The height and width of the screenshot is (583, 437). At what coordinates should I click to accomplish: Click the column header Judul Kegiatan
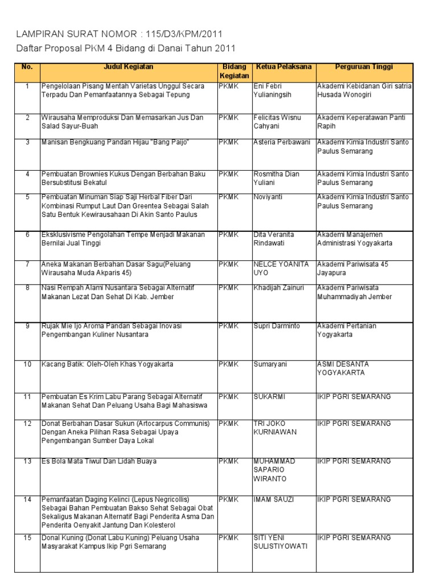tap(128, 67)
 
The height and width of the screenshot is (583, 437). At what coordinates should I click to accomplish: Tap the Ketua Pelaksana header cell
tap(283, 67)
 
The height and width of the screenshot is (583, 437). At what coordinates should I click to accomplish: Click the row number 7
tap(27, 264)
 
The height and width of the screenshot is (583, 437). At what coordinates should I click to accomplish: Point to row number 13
tap(27, 461)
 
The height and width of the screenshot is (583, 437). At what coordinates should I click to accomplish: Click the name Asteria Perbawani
tap(282, 142)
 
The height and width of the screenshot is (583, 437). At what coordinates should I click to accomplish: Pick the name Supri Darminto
tap(277, 326)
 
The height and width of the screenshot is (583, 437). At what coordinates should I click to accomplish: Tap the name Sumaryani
tap(271, 364)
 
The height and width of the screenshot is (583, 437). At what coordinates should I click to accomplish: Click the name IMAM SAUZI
tap(274, 499)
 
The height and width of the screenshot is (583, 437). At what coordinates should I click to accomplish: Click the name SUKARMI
tap(269, 396)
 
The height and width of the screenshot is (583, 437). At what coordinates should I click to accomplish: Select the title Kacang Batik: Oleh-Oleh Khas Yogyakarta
tap(108, 364)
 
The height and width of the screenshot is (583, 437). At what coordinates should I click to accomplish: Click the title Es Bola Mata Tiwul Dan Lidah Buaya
tap(99, 461)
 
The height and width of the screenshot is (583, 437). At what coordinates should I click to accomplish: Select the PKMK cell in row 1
tap(228, 87)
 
